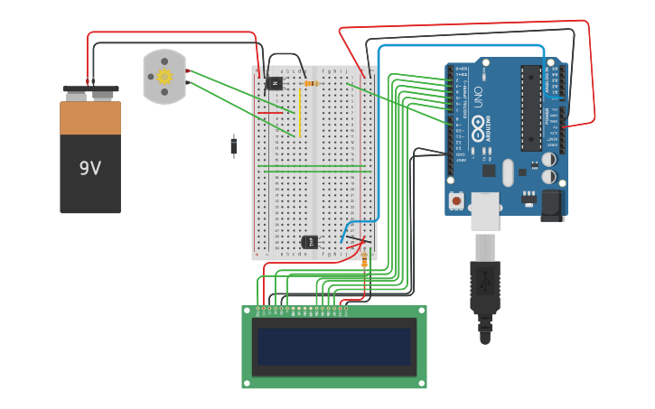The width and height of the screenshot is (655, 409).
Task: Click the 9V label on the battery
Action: point(90,169)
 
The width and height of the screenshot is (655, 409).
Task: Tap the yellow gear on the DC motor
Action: point(164,77)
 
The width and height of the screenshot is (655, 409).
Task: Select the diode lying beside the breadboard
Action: point(234,145)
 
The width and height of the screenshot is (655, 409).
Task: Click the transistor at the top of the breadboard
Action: point(275,83)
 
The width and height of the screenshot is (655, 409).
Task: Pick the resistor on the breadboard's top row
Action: point(311,83)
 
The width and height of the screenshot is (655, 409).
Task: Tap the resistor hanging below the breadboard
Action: point(365,262)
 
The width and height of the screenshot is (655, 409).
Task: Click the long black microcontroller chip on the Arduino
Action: point(531,108)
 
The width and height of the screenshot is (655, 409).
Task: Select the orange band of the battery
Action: point(90,117)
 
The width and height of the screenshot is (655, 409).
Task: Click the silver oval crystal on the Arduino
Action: point(508,172)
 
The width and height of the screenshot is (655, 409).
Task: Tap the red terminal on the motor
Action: point(188,70)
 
